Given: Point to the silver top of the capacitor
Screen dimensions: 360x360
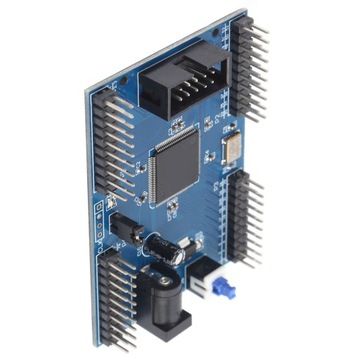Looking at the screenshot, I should (x=175, y=256).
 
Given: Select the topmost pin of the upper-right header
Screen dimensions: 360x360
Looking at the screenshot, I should (x=258, y=30).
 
